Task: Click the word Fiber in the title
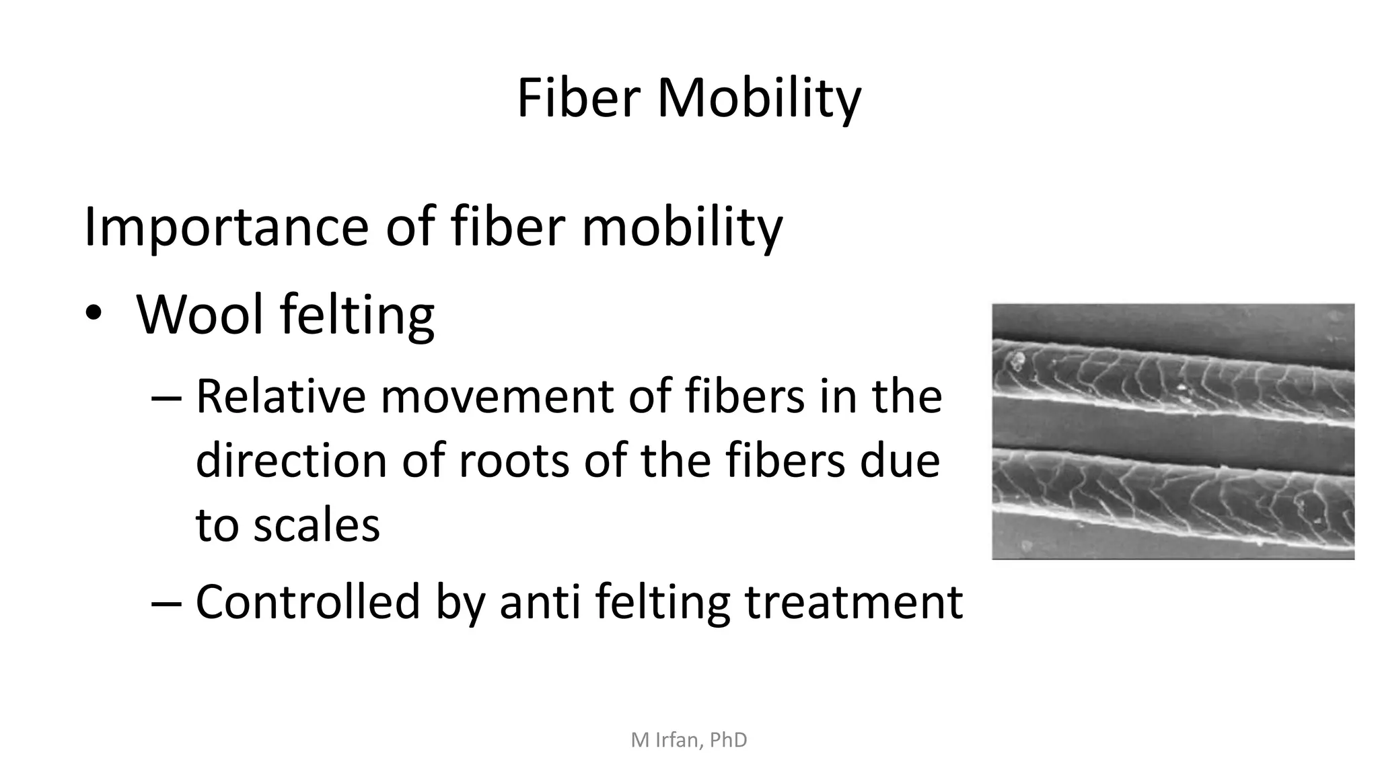click(578, 98)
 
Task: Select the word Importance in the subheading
click(225, 227)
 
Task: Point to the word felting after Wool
click(357, 316)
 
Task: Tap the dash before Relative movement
click(166, 398)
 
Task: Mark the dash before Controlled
click(166, 602)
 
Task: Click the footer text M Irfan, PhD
click(689, 740)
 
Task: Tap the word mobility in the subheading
click(682, 227)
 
